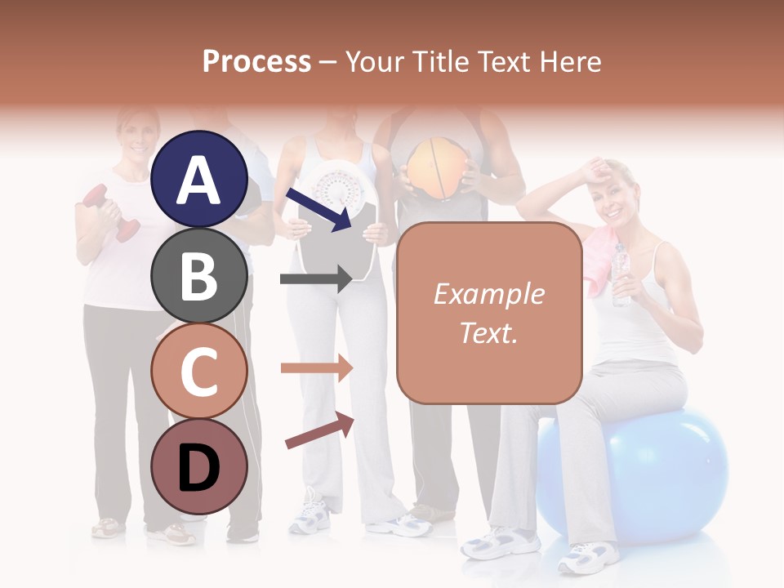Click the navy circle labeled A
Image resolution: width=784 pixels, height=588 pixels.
(x=199, y=179)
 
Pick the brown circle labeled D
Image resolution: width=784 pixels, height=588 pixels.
(x=199, y=466)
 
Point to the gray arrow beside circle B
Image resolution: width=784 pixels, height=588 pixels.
(x=316, y=279)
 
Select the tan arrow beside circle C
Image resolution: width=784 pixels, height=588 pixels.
(x=316, y=368)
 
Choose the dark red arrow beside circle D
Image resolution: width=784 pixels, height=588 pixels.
(x=319, y=430)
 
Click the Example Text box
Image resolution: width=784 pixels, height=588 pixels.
(x=489, y=313)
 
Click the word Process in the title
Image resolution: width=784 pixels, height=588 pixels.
(x=256, y=61)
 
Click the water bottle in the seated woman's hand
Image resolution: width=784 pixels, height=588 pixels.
(x=621, y=274)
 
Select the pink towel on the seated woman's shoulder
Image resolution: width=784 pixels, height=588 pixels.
(x=600, y=260)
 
